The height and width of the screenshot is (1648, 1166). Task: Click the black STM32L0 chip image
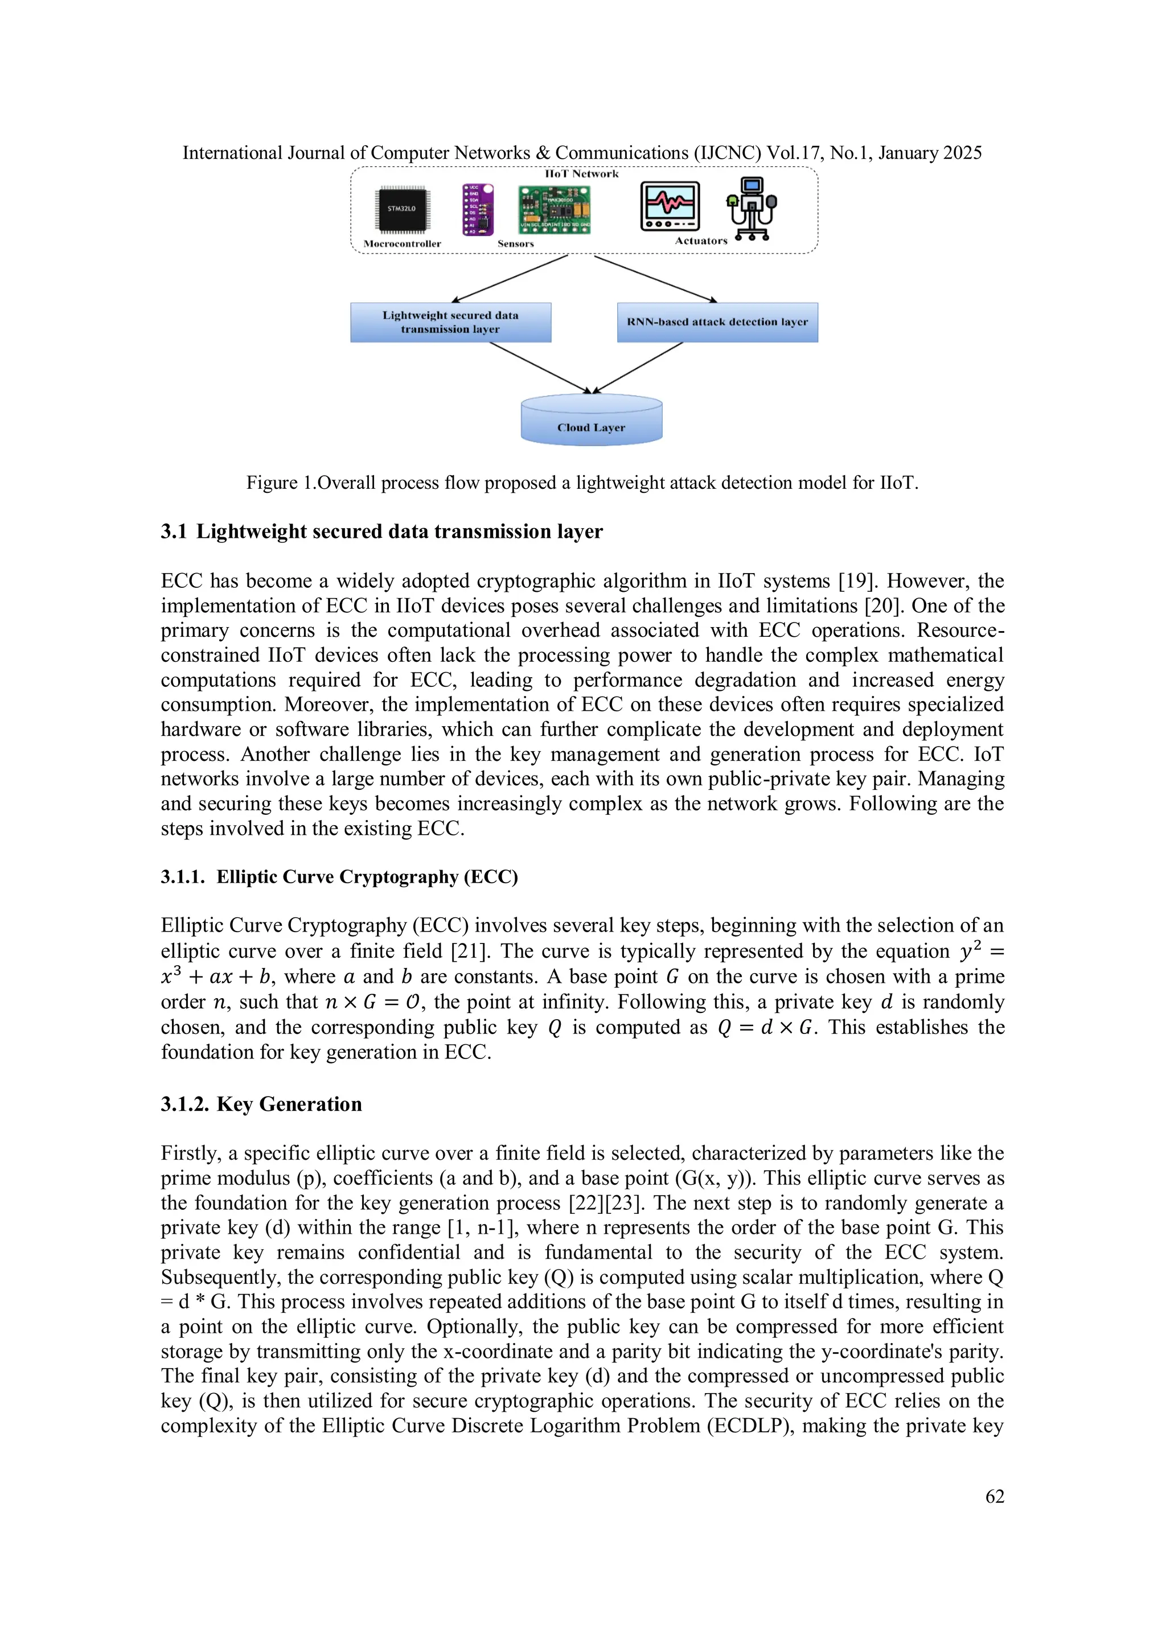(401, 209)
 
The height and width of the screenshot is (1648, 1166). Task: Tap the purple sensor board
(478, 209)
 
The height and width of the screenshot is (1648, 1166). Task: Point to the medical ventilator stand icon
(752, 209)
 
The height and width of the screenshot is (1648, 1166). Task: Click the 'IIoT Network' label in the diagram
(581, 174)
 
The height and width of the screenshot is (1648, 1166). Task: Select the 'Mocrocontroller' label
(402, 244)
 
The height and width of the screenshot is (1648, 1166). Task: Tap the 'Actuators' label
(701, 241)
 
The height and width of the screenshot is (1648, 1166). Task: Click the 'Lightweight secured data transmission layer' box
(450, 322)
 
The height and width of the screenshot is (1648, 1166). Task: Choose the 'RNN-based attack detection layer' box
(717, 322)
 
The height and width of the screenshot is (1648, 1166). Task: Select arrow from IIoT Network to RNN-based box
(655, 279)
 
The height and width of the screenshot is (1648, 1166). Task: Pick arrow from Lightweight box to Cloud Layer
(540, 368)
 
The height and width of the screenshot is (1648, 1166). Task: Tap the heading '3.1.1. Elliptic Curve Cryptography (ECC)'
(339, 877)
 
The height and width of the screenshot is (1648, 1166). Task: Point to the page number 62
(995, 1497)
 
